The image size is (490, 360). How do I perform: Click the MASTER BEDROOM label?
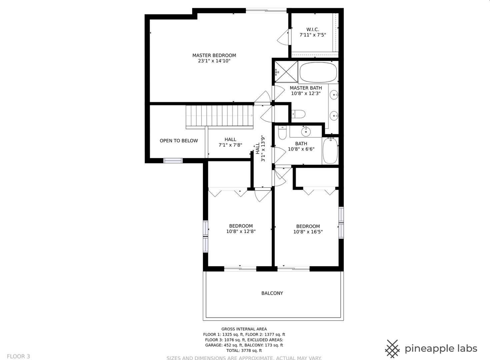pos(214,55)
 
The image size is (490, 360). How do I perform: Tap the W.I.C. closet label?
pos(313,29)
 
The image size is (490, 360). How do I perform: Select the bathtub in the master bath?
pos(318,72)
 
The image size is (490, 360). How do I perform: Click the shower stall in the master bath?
pos(286,72)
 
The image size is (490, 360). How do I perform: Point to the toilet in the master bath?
pos(298,114)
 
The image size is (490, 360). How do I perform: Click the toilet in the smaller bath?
pos(282,133)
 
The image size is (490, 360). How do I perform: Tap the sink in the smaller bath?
pos(306,132)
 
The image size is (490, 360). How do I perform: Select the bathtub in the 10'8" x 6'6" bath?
pos(330,151)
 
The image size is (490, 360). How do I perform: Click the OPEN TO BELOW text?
pos(179,141)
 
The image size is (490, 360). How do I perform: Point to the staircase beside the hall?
pos(219,116)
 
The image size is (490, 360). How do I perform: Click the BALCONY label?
pos(272,293)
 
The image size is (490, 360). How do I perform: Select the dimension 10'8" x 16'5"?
pos(308,232)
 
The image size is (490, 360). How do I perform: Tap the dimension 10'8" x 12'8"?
pos(241,231)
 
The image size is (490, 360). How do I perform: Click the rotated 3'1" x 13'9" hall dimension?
pos(263,148)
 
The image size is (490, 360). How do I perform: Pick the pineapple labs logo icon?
pos(392,349)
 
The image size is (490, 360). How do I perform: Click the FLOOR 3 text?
pos(18,356)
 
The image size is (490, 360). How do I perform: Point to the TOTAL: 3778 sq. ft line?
pos(244,350)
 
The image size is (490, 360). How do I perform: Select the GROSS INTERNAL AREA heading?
pos(244,329)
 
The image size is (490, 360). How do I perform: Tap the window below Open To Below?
pos(173,161)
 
